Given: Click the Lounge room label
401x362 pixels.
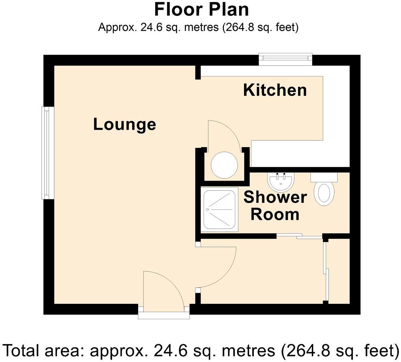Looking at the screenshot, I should coord(124,125).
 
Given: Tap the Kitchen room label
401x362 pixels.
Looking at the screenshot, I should coord(275,90).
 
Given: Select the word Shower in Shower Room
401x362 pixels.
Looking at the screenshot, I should coord(275,197).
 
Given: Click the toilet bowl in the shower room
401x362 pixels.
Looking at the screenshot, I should coord(324,193).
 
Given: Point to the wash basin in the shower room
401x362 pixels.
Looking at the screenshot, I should coord(281,181).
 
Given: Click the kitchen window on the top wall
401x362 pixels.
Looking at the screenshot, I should coord(285,59).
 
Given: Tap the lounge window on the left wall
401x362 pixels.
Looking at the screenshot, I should coord(48,153).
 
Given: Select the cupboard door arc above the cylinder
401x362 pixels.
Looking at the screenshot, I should coord(223,135).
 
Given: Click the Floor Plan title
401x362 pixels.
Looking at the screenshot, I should coord(202,10).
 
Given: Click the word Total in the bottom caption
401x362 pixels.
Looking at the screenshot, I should coord(21,350).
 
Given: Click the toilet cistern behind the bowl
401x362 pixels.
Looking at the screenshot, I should coord(324,177).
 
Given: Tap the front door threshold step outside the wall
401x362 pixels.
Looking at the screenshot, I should coord(164,315).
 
